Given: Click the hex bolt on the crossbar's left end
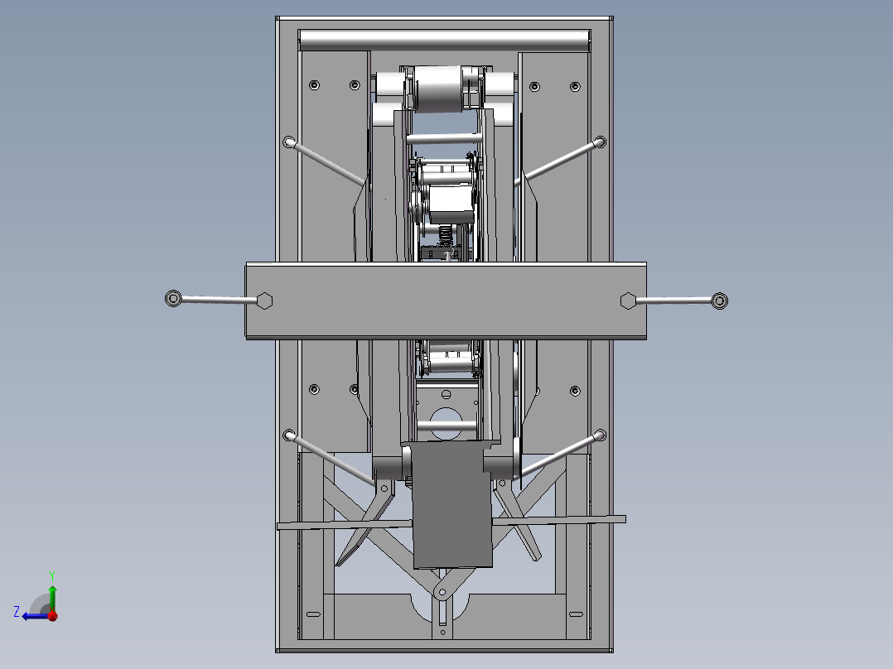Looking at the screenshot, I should (x=264, y=301).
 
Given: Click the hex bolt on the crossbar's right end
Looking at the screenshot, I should (x=628, y=301).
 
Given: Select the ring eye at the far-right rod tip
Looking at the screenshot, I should (x=720, y=301).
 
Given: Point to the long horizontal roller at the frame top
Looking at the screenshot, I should (x=445, y=40).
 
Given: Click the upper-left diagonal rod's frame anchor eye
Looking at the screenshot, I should (x=289, y=142).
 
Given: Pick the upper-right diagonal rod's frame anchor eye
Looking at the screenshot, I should (x=600, y=142).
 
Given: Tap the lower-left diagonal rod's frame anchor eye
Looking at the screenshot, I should (x=289, y=435).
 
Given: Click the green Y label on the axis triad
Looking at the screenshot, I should (x=51, y=574).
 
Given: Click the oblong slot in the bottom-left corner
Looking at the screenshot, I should (x=312, y=614).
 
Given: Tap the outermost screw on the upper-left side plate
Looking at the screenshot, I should (x=314, y=84).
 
